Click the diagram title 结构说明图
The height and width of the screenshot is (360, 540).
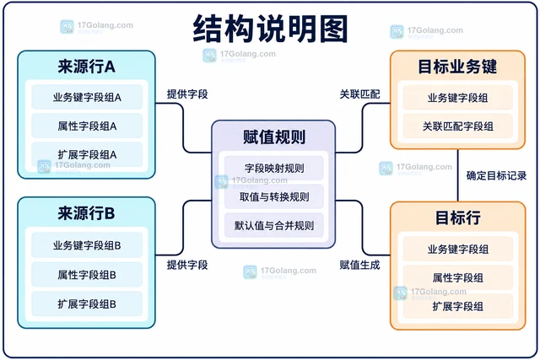pos(270,29)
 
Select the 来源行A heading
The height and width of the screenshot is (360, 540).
pos(86,67)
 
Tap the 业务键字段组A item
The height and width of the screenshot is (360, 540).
pos(87,98)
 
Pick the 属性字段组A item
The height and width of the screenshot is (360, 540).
pos(87,126)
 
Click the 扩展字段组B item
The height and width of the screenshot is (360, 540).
pos(87,304)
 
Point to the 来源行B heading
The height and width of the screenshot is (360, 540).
pos(86,213)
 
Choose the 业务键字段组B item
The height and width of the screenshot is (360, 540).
pos(87,245)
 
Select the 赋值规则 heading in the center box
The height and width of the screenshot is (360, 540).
pos(274,137)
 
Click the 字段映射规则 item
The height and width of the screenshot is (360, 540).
pos(274,168)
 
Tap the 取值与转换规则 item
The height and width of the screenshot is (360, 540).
pos(274,197)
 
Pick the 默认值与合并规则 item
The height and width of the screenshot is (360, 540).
pos(274,225)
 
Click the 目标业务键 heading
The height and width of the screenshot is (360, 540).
pos(457,67)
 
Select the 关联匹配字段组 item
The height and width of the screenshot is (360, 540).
pos(457,126)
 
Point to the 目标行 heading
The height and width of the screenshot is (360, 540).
pos(457,218)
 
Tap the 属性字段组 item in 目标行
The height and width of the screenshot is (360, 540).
pos(457,277)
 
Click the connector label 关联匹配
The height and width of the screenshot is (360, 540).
pos(360,94)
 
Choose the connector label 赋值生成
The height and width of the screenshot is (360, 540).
pos(360,265)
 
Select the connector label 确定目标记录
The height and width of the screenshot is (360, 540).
pos(496,175)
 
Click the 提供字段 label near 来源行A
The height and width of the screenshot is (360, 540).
pos(187,94)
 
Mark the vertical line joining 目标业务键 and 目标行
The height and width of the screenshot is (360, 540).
pos(457,175)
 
